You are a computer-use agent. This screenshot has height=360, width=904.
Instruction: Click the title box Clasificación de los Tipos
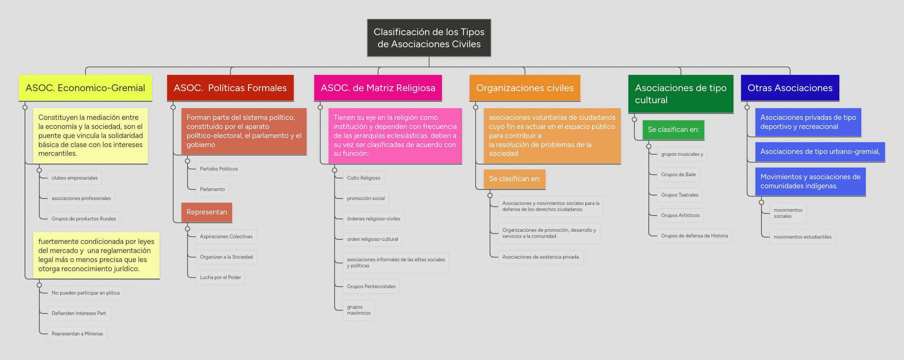point(429,38)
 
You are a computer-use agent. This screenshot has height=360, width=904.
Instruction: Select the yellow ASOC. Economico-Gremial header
point(85,88)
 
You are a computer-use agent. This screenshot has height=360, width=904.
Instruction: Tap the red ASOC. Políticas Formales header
point(230,88)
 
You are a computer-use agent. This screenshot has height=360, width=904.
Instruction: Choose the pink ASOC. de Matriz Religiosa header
point(378,88)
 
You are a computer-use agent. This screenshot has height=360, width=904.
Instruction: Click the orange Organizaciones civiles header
point(524,88)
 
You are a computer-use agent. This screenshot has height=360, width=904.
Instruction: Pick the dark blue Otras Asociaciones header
point(790,88)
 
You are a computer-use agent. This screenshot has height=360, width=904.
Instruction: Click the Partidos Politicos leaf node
point(219,169)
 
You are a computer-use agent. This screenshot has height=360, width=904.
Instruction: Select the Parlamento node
point(212,189)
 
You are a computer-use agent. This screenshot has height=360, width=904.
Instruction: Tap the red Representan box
point(206,212)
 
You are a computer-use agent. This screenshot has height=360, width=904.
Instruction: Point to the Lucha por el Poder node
point(220,278)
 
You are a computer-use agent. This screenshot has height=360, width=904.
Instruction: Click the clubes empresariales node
point(74,178)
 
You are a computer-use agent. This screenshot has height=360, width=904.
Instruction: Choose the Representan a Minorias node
point(77,334)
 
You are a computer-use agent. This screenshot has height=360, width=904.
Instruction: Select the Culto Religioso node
point(363,178)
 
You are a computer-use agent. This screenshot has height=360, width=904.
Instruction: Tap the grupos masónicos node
point(358,310)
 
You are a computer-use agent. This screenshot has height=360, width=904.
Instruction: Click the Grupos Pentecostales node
point(371,287)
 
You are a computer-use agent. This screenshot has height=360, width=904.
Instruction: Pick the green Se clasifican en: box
point(673,130)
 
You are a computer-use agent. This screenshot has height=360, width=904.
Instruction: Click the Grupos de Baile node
point(678,175)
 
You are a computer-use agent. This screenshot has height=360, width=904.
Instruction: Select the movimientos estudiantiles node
point(802,237)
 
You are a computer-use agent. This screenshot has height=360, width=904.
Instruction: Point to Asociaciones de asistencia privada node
point(541,257)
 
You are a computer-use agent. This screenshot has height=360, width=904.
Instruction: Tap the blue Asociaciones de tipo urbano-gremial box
point(820,152)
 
